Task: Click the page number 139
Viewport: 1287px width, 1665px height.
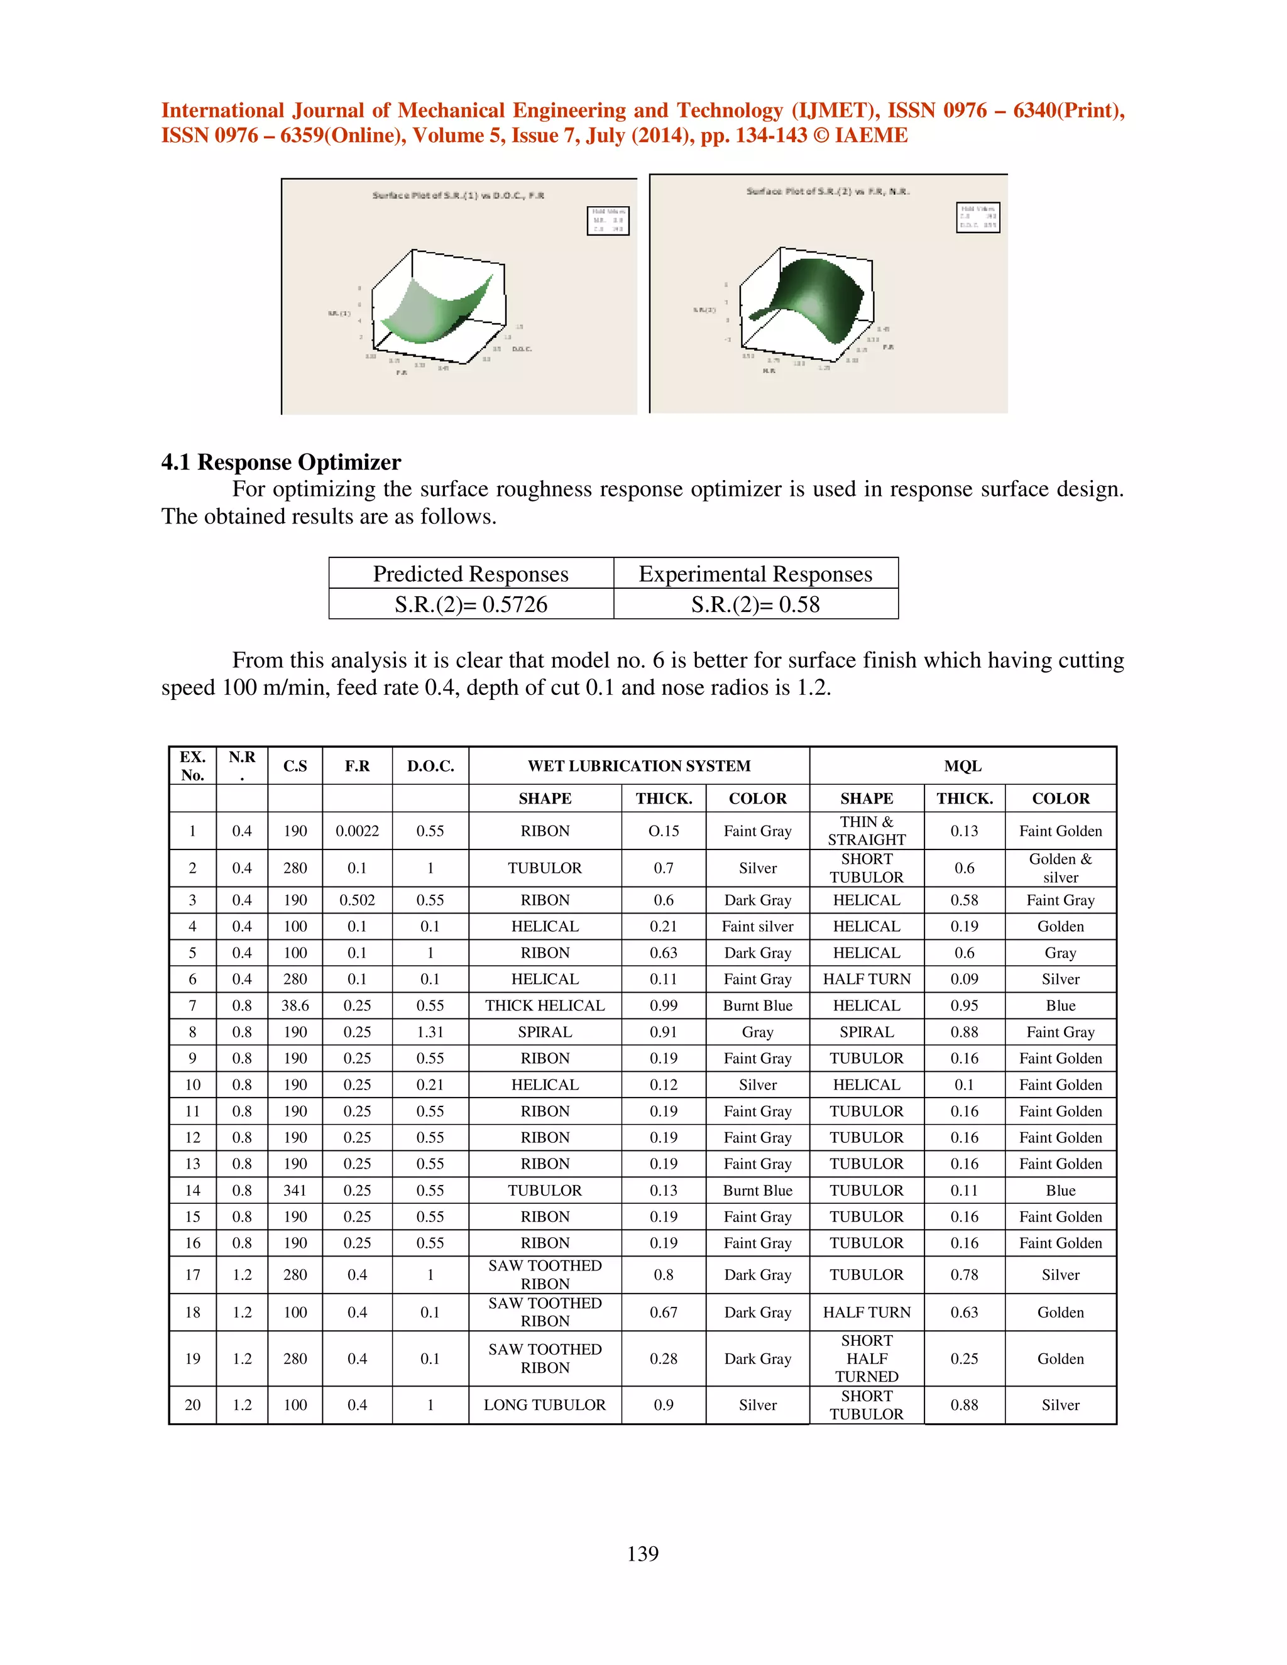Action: point(643,1553)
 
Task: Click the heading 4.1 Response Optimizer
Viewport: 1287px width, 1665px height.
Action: point(280,462)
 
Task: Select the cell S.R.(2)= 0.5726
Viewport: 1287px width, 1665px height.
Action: point(471,604)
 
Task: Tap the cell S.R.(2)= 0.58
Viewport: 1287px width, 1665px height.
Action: point(755,604)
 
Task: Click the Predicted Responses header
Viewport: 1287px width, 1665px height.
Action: point(471,573)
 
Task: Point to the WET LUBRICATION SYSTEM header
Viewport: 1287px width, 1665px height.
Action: point(639,765)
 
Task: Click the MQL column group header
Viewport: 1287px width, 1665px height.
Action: point(962,765)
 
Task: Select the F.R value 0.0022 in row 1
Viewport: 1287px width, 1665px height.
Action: point(357,831)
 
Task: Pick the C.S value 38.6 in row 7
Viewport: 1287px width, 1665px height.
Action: point(295,1005)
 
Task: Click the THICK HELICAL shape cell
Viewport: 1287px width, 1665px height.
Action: point(544,1005)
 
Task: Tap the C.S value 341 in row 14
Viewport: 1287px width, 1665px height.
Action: point(295,1190)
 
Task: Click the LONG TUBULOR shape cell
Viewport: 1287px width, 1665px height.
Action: point(544,1404)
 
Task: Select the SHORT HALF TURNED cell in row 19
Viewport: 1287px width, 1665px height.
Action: point(866,1358)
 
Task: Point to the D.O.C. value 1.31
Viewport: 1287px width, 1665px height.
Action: point(430,1032)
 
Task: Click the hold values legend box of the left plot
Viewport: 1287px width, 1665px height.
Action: point(608,221)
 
